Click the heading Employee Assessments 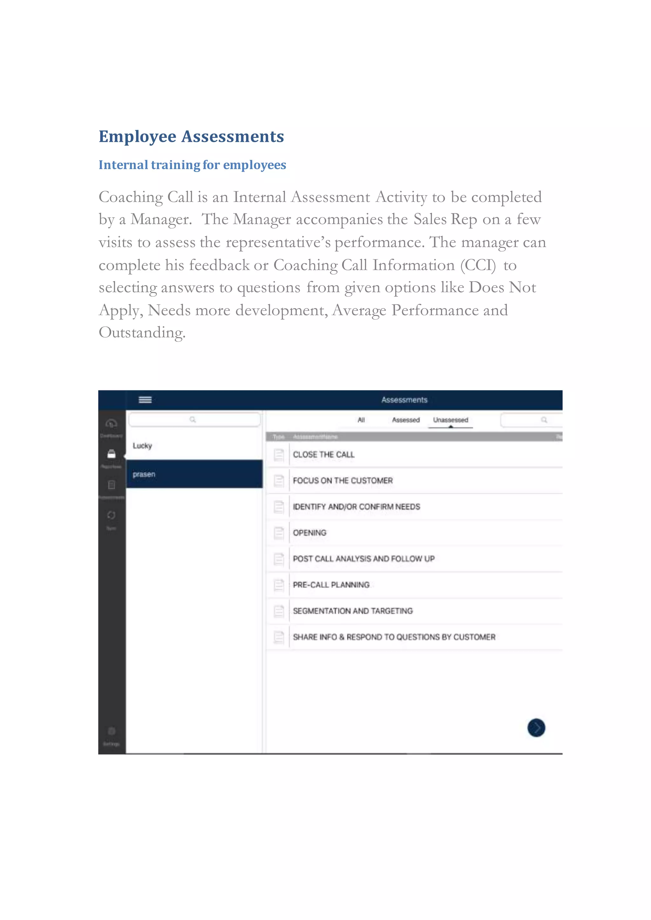pyautogui.click(x=191, y=137)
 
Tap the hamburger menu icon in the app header pyautogui.click(x=145, y=400)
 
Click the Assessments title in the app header pyautogui.click(x=404, y=400)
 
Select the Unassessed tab pyautogui.click(x=450, y=420)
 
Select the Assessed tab pyautogui.click(x=406, y=420)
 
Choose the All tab pyautogui.click(x=361, y=420)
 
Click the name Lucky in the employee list pyautogui.click(x=142, y=446)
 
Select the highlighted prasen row pyautogui.click(x=195, y=474)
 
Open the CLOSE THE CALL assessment pyautogui.click(x=324, y=455)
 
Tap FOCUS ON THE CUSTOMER pyautogui.click(x=343, y=481)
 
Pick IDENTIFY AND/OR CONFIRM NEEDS pyautogui.click(x=356, y=507)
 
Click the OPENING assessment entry pyautogui.click(x=310, y=533)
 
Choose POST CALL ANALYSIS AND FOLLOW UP pyautogui.click(x=364, y=559)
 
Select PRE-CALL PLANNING pyautogui.click(x=331, y=585)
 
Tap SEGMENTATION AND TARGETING pyautogui.click(x=353, y=611)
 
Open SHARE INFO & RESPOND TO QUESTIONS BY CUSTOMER pyautogui.click(x=394, y=637)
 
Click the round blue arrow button pyautogui.click(x=536, y=728)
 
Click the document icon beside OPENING pyautogui.click(x=278, y=533)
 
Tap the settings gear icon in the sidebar pyautogui.click(x=112, y=731)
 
